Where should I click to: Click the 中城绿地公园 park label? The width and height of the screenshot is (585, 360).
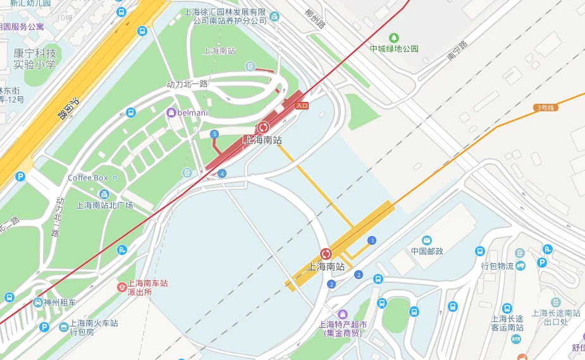pos(394,49)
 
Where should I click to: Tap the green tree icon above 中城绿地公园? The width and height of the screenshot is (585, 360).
pos(395,37)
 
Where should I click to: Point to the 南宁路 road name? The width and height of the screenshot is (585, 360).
pos(457,51)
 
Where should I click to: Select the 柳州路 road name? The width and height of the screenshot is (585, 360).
pos(314,20)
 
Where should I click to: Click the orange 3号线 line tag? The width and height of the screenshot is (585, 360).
pos(545,108)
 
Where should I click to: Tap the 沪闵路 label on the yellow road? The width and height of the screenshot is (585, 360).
pos(68,108)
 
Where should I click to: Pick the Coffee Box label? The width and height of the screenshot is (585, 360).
pos(88,178)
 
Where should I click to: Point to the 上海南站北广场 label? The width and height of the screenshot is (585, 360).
pos(105,205)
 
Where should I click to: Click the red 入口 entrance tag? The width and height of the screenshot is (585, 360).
pos(302,106)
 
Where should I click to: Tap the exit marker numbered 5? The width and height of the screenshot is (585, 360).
pos(214,134)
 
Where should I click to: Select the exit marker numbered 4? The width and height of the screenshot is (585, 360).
pos(221,173)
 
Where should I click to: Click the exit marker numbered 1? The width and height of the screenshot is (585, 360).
pos(372,240)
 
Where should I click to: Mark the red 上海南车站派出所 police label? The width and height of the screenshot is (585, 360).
pos(148,288)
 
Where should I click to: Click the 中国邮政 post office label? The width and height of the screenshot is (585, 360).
pos(427,251)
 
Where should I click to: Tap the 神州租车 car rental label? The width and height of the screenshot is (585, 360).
pos(55,302)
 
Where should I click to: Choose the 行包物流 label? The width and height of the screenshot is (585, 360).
pos(497,266)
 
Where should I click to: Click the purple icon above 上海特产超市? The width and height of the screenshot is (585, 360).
pos(343,314)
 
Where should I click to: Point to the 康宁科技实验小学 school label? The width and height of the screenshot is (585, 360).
pos(35,59)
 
